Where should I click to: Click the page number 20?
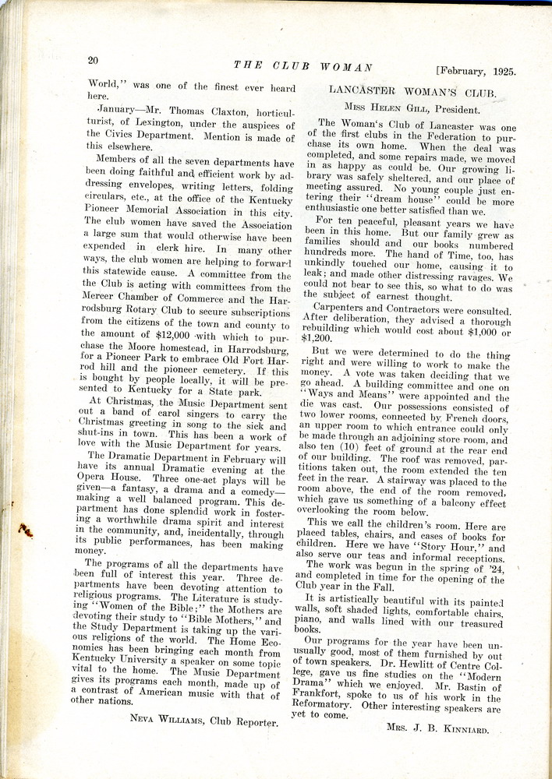93,60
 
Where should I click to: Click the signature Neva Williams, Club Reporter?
203,721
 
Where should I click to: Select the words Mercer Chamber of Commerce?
156,300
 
